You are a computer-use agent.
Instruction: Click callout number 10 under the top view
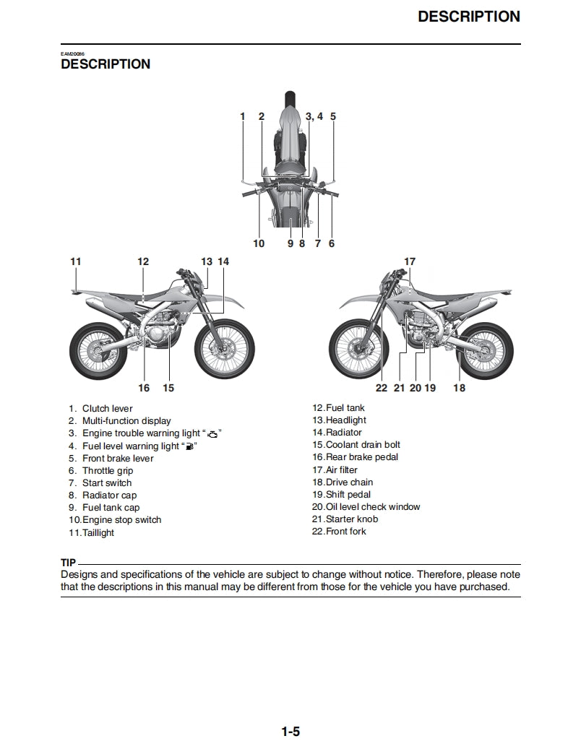[259, 243]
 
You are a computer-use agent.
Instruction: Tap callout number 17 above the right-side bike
[410, 261]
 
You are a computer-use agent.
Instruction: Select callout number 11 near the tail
[76, 261]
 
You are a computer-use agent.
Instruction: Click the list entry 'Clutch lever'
[107, 409]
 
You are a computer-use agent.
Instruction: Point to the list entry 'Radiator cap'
[109, 495]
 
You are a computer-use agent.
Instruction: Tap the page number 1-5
[290, 732]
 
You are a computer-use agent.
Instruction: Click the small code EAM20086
[72, 54]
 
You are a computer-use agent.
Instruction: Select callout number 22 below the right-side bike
[382, 388]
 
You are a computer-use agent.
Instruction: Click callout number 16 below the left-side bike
[144, 388]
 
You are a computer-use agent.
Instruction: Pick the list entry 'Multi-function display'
[126, 421]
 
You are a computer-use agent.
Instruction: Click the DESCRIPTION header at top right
[468, 17]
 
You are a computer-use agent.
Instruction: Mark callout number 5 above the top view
[333, 116]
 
